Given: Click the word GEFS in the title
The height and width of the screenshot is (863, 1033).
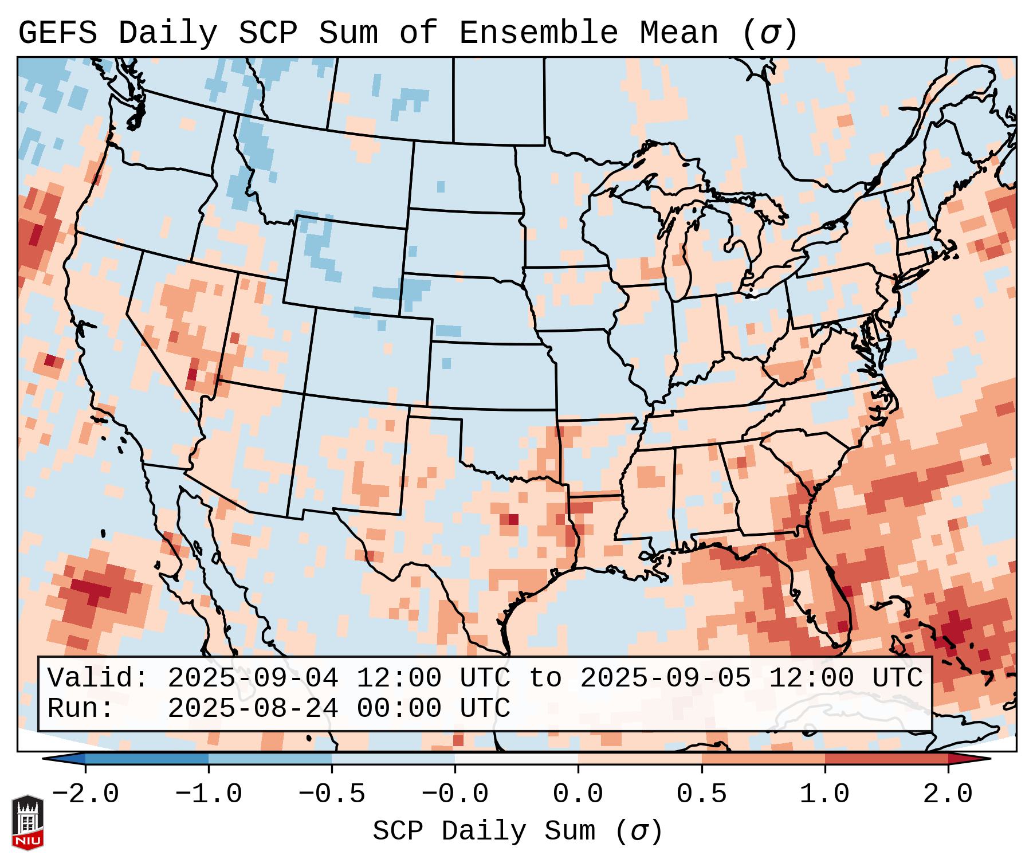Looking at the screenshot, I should click(58, 33).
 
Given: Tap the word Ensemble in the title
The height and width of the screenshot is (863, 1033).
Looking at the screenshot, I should click(538, 33).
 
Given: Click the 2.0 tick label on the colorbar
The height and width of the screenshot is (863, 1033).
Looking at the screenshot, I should click(948, 794).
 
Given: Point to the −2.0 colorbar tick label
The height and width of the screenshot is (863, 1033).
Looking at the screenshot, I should click(85, 794).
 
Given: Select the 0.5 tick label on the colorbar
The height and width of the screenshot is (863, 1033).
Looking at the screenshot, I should click(701, 794).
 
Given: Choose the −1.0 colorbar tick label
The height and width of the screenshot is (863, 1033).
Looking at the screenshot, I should click(209, 794).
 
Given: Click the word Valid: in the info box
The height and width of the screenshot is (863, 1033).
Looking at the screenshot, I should click(98, 678).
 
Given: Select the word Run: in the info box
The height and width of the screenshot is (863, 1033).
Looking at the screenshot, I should click(81, 708).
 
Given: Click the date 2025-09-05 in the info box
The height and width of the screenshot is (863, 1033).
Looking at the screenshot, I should click(665, 678).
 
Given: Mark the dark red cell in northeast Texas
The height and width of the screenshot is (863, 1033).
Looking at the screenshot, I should click(512, 519).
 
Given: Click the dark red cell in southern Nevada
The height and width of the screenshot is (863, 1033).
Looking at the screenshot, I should click(192, 374).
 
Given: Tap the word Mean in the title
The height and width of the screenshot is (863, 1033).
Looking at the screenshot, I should click(678, 33).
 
